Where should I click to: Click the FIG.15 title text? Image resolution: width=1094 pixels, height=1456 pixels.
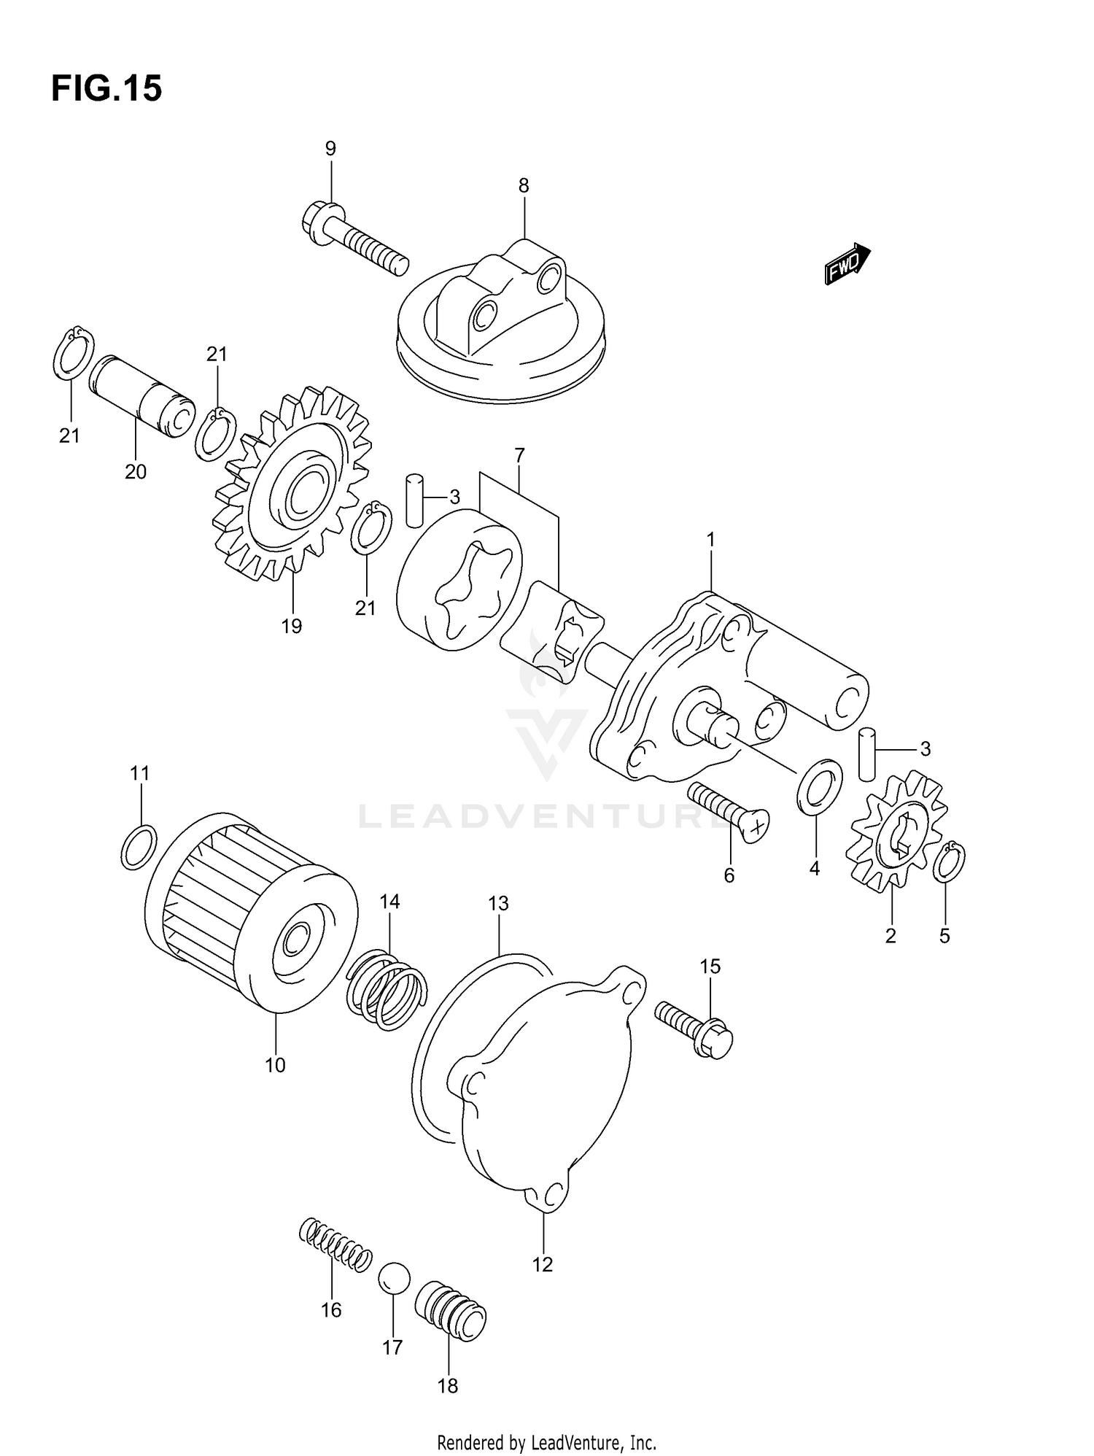(x=106, y=89)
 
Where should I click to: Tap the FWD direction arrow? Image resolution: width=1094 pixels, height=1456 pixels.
(x=847, y=264)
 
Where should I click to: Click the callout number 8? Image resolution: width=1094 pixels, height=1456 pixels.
(x=524, y=186)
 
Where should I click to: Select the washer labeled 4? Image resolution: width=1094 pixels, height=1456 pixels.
(x=820, y=787)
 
